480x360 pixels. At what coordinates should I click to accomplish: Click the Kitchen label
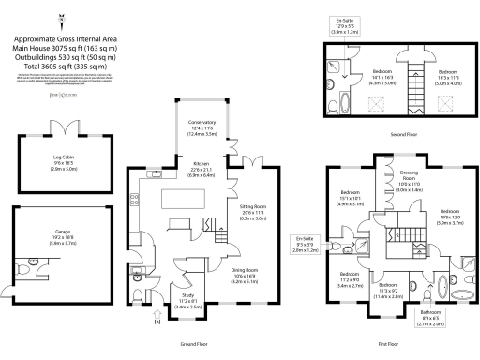click(x=202, y=164)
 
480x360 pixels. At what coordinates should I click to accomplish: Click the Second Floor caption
click(x=405, y=134)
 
